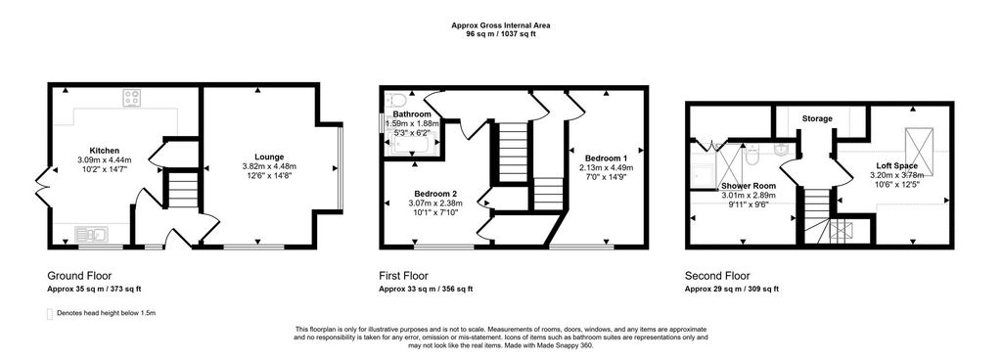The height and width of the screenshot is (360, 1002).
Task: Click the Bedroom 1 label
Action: (x=606, y=157)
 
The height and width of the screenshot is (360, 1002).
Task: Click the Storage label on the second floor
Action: (x=817, y=118)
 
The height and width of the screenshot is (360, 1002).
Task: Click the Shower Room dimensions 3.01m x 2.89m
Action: (x=749, y=196)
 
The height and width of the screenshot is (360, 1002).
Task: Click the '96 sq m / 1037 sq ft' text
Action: (x=500, y=35)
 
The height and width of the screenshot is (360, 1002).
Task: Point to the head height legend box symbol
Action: (x=50, y=313)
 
